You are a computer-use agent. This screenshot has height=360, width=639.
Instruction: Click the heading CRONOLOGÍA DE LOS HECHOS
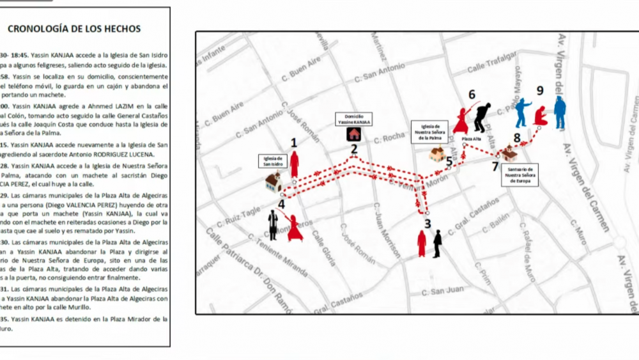click(73, 29)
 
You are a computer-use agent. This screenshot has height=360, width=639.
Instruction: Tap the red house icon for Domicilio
click(353, 134)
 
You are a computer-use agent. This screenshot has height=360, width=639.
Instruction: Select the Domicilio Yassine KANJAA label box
click(353, 119)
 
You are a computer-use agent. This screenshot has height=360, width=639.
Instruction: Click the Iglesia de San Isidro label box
click(272, 160)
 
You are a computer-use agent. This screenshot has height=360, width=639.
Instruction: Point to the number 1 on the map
click(294, 143)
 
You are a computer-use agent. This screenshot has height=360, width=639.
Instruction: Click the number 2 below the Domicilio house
click(353, 150)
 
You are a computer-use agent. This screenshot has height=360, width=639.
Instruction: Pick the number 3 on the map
click(427, 224)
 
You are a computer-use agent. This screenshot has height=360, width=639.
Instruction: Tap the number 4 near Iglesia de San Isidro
click(281, 205)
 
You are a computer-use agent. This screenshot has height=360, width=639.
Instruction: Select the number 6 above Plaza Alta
click(472, 95)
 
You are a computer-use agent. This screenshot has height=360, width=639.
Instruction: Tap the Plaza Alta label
click(472, 139)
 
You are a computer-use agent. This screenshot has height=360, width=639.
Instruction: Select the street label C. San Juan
click(445, 291)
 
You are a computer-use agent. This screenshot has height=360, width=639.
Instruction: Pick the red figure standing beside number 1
click(295, 164)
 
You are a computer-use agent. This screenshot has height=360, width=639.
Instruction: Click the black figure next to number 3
click(437, 244)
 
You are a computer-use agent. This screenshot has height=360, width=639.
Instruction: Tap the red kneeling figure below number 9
click(540, 115)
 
